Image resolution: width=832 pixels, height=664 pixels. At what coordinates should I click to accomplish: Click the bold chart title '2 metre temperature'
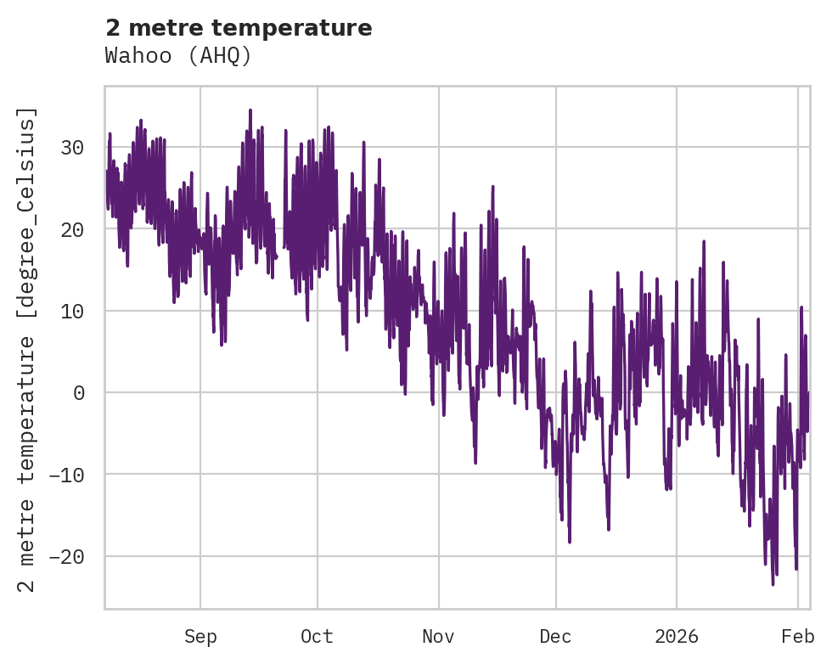coord(239,28)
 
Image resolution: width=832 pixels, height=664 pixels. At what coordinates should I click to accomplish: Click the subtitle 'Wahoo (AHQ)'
coord(178,55)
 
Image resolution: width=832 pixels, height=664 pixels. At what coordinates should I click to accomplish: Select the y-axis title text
coord(29,349)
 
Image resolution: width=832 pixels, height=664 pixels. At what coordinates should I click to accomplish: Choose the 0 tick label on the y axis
coord(81,392)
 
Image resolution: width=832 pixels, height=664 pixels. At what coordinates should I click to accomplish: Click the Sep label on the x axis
coord(200,636)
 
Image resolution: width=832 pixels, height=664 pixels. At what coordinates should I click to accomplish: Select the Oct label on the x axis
coord(317,636)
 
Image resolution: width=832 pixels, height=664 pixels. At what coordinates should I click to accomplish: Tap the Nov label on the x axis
coord(439,636)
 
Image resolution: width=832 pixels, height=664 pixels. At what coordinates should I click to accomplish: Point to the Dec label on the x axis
coord(555,636)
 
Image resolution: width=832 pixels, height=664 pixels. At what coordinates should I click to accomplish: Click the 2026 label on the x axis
coord(677,636)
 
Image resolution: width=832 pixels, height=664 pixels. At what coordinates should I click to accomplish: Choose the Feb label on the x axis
coord(798,636)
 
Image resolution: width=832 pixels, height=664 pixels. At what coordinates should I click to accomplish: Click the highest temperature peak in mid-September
coord(250,110)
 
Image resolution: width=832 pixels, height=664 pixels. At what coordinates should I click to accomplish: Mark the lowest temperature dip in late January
coord(773,583)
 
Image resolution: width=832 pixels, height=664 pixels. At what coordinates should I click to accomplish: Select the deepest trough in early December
coord(570,541)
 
